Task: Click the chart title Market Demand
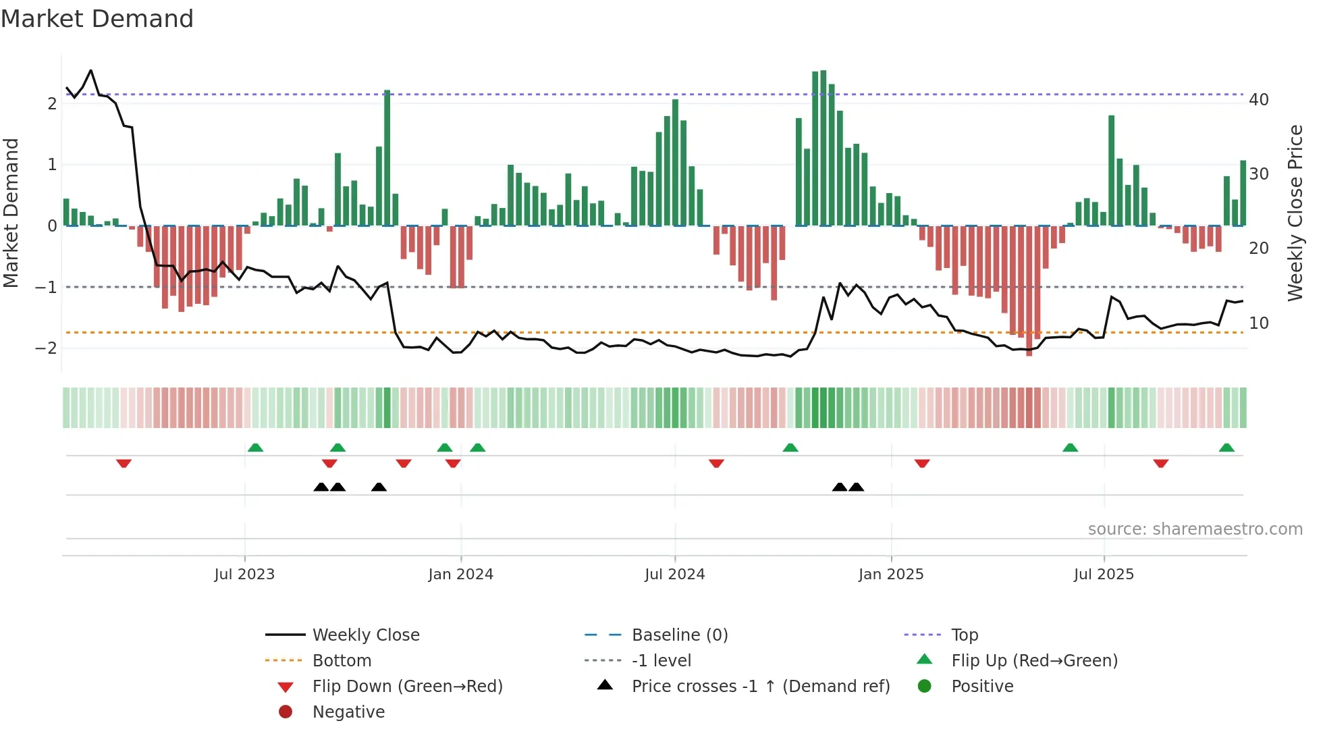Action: (97, 19)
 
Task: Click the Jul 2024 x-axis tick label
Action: (674, 575)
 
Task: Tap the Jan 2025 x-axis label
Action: (890, 575)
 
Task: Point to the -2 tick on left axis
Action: (47, 348)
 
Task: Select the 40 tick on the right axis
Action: (1259, 100)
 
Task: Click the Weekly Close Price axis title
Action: (1295, 213)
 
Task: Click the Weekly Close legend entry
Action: (365, 635)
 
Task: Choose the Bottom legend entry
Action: (342, 661)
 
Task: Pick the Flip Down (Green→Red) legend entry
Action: (407, 687)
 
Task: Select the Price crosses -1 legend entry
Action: (760, 687)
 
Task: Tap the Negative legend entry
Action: (348, 712)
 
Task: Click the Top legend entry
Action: (964, 635)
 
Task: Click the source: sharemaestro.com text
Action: (1195, 529)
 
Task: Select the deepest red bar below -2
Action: (1029, 290)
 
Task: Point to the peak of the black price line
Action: (91, 70)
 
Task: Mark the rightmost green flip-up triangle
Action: (1226, 448)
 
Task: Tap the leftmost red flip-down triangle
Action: (124, 463)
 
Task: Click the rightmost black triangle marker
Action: (856, 487)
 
